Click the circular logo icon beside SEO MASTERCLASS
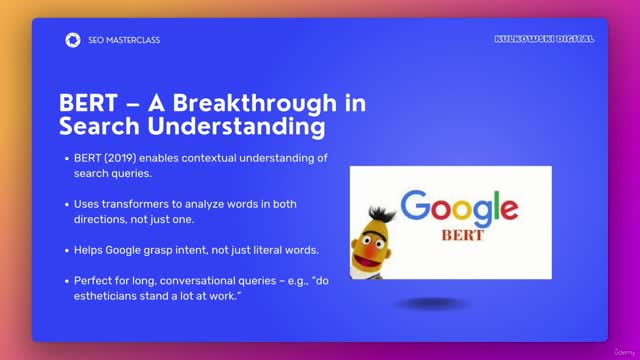click(x=72, y=40)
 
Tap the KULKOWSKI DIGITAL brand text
click(x=544, y=39)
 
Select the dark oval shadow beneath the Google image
click(x=430, y=303)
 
